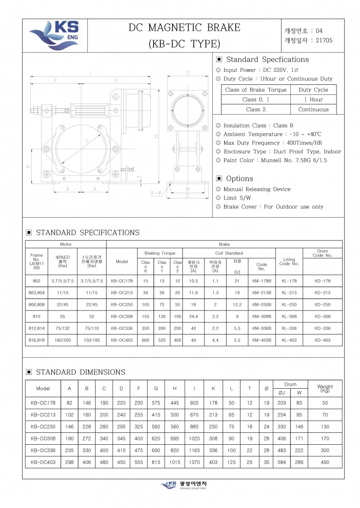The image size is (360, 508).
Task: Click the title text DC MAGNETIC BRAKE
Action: [x=184, y=28]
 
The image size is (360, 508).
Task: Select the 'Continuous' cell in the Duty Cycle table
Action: [x=313, y=109]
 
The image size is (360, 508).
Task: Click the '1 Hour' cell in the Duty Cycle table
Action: [x=313, y=100]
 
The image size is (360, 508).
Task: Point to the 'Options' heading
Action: [x=239, y=178]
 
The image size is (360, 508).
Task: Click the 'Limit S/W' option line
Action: [x=237, y=198]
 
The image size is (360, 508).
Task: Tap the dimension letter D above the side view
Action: [x=187, y=73]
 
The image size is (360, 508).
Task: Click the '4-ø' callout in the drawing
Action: [x=156, y=193]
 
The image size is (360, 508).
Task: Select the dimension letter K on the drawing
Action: [x=28, y=166]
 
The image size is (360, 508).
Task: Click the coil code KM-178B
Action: [x=262, y=281]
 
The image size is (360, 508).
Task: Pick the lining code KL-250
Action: [x=289, y=304]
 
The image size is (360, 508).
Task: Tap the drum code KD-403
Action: [x=323, y=340]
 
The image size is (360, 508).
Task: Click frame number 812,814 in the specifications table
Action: [x=36, y=328]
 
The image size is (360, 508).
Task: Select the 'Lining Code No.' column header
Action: [x=289, y=262]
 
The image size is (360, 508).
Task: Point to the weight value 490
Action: [x=325, y=462]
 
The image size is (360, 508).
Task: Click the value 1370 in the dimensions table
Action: [x=194, y=462]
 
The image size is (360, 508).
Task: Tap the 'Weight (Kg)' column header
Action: [x=325, y=388]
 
